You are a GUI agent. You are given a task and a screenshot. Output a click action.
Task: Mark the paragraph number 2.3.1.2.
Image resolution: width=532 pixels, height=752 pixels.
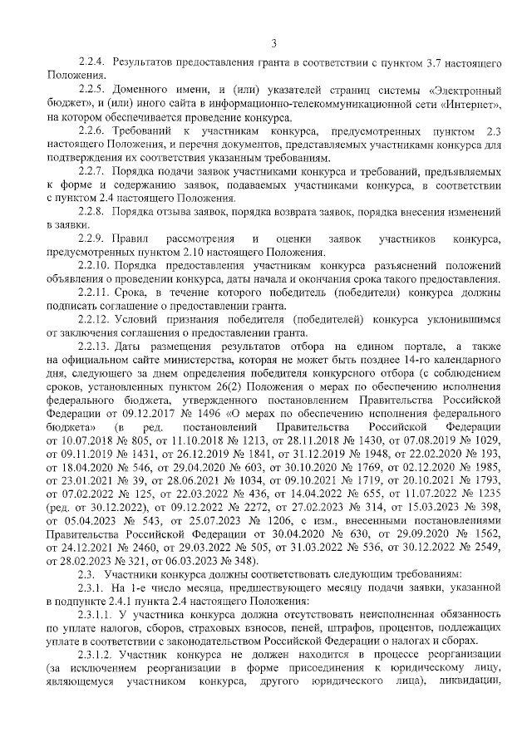(96, 654)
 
